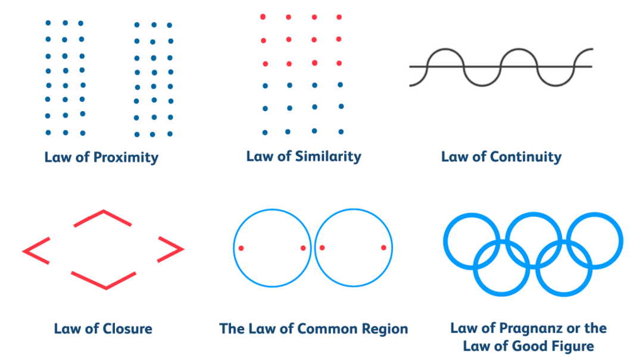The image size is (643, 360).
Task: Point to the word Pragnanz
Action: [x=531, y=328]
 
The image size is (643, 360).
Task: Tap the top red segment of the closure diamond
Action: [x=103, y=218]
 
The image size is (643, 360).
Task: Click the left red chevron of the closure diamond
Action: [x=36, y=249]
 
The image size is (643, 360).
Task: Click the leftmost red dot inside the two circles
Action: [x=241, y=248]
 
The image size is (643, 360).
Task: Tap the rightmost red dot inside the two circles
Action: [x=383, y=248]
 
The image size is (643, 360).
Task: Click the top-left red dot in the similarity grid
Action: [x=263, y=17]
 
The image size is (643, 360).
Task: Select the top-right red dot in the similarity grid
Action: [x=339, y=17]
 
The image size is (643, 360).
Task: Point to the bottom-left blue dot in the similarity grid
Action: [x=265, y=132]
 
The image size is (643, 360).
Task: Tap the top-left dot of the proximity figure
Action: [x=48, y=23]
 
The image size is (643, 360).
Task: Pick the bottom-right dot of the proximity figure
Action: [x=170, y=134]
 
